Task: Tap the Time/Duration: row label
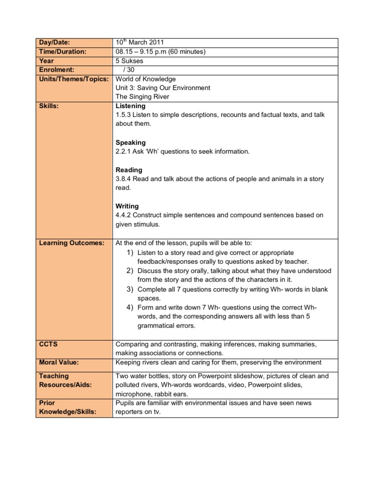point(62,52)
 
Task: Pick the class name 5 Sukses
point(130,61)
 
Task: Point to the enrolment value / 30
point(129,70)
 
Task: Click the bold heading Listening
point(130,106)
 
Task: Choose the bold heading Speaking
point(130,142)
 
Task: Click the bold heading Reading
point(129,170)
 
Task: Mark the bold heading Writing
point(127,206)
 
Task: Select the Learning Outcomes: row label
point(72,243)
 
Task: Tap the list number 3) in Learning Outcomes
point(130,289)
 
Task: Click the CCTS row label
point(48,344)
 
